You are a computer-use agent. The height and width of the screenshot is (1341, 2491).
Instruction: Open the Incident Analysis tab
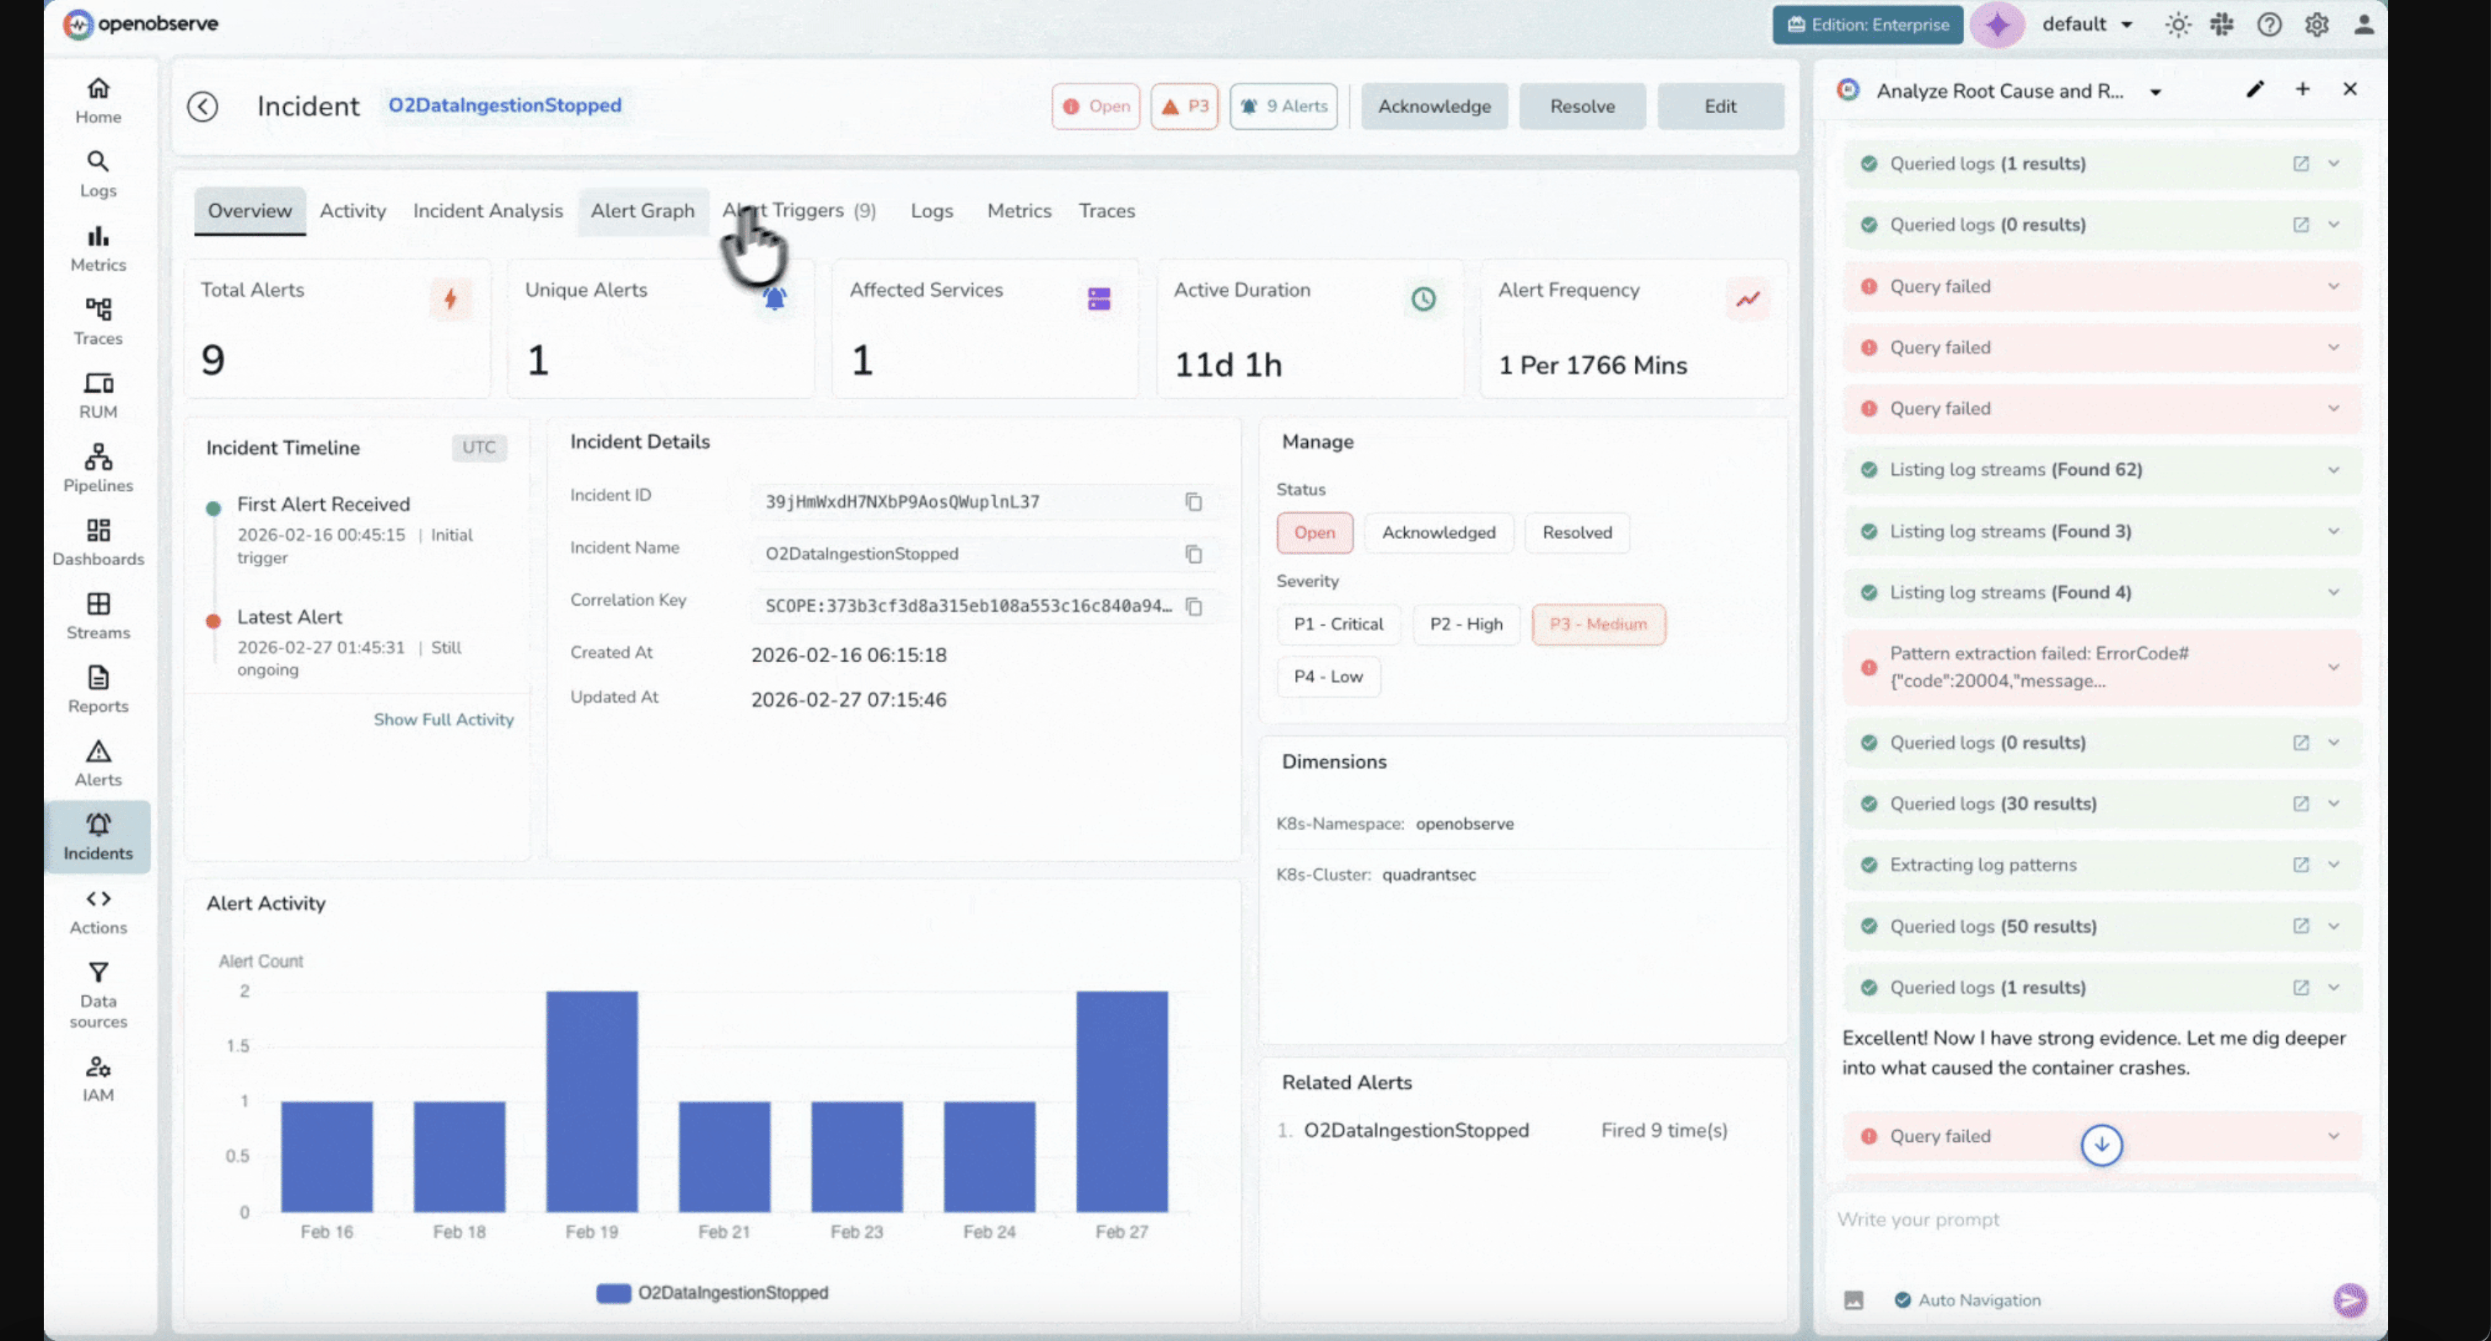(487, 211)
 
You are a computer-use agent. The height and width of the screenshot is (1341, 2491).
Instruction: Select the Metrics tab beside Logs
(1019, 211)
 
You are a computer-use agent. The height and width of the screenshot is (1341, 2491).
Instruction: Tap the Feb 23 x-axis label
(856, 1231)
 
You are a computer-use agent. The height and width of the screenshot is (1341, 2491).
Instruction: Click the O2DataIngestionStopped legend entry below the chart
(713, 1293)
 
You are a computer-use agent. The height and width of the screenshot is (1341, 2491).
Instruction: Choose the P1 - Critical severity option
(1338, 623)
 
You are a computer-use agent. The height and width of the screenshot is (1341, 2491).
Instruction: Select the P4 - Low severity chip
(1327, 676)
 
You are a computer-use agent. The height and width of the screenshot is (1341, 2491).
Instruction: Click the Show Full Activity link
(444, 719)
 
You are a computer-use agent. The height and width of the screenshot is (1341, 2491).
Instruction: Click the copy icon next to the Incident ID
(1193, 502)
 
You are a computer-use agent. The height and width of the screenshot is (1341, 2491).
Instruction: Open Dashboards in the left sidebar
(98, 541)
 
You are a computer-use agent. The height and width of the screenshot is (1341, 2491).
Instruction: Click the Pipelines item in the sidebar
(98, 468)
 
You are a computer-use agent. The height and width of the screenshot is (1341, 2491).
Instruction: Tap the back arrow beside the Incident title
(202, 106)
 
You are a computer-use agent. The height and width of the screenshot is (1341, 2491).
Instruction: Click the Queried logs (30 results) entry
(1992, 804)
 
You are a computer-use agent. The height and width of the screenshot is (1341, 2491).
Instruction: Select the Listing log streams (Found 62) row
(2015, 470)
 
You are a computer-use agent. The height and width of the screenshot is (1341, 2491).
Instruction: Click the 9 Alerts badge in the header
(1283, 106)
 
